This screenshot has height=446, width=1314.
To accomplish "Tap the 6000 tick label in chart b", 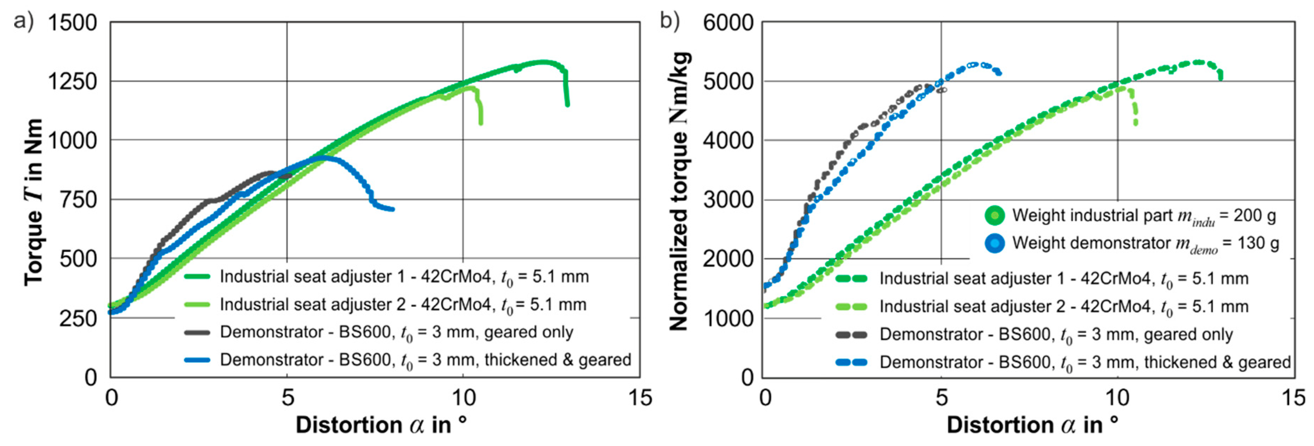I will [x=727, y=23].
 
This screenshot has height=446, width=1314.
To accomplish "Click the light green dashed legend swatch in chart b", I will [x=851, y=307].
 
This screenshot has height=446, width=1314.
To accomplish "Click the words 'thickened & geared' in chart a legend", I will [x=558, y=360].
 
